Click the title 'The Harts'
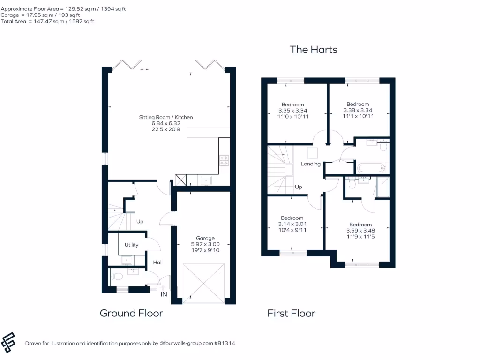click(313, 49)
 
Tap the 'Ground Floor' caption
click(131, 313)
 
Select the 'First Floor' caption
click(291, 313)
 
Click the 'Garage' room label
click(205, 238)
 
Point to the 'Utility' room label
click(131, 245)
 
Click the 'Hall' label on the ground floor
click(157, 262)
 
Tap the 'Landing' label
click(310, 164)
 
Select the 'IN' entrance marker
click(164, 294)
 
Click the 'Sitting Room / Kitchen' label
click(165, 117)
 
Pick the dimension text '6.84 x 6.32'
click(165, 123)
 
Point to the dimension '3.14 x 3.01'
click(292, 224)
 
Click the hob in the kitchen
click(224, 161)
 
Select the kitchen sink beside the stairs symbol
click(206, 180)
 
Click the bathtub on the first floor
click(371, 167)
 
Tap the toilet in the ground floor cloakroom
click(115, 277)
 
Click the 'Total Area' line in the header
click(47, 21)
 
